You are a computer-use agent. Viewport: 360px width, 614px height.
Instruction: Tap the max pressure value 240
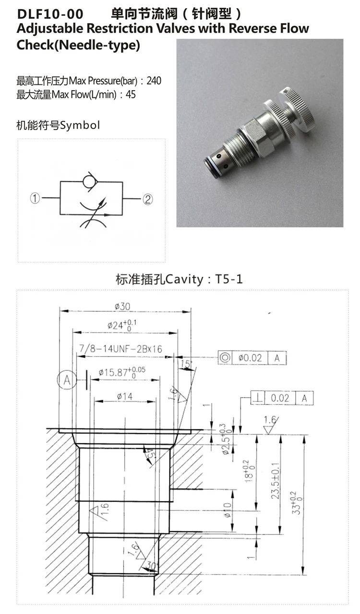(x=154, y=81)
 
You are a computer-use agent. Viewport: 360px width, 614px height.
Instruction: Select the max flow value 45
(x=131, y=94)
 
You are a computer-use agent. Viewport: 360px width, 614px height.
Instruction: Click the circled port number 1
(x=35, y=198)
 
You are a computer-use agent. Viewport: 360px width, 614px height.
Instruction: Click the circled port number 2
(x=148, y=198)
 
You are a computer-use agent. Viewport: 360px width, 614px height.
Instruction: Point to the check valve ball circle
(x=89, y=181)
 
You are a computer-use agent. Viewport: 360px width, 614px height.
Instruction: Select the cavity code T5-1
(x=228, y=279)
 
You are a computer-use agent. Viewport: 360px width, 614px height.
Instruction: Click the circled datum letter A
(x=66, y=380)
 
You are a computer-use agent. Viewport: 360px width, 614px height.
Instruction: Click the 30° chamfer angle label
(x=153, y=566)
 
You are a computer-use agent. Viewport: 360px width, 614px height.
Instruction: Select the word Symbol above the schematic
(x=80, y=126)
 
